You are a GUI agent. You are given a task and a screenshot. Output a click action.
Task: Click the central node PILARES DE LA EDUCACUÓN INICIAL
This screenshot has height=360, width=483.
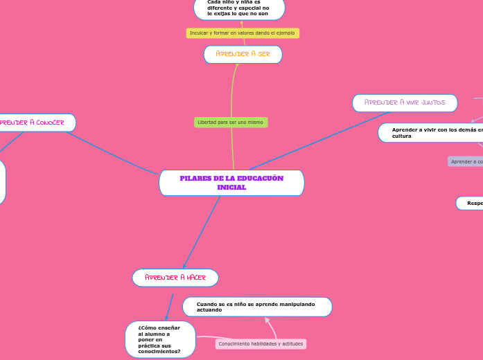[231, 183]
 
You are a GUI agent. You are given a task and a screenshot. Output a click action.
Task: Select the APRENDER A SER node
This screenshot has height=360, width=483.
[243, 54]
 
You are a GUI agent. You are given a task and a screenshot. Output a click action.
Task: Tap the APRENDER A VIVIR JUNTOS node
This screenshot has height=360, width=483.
[405, 103]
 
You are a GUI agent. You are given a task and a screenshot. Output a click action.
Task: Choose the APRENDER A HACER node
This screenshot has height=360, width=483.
[175, 278]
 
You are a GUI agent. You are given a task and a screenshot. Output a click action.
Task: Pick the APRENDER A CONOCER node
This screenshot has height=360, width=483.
[35, 123]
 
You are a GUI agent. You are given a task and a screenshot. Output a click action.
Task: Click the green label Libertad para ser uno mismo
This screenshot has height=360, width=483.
[231, 123]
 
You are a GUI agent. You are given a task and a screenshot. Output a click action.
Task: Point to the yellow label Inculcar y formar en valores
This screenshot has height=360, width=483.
[243, 33]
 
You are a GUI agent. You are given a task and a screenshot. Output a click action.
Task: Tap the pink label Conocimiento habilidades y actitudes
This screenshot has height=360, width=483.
[261, 344]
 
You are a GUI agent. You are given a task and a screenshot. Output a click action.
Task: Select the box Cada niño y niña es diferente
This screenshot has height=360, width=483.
[238, 8]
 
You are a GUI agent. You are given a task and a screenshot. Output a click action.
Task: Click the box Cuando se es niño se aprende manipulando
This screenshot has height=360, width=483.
[257, 307]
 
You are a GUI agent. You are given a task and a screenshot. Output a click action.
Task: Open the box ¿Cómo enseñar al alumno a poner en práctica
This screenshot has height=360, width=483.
[160, 339]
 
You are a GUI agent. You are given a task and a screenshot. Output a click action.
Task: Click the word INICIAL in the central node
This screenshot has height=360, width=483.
[231, 188]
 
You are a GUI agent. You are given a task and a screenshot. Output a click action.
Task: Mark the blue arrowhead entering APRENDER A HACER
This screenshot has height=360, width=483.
[184, 266]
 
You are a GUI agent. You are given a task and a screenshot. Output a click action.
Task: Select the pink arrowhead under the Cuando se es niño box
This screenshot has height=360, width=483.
[266, 319]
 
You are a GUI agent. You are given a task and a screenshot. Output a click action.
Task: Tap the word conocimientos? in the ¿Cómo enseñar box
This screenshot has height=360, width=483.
[159, 352]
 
